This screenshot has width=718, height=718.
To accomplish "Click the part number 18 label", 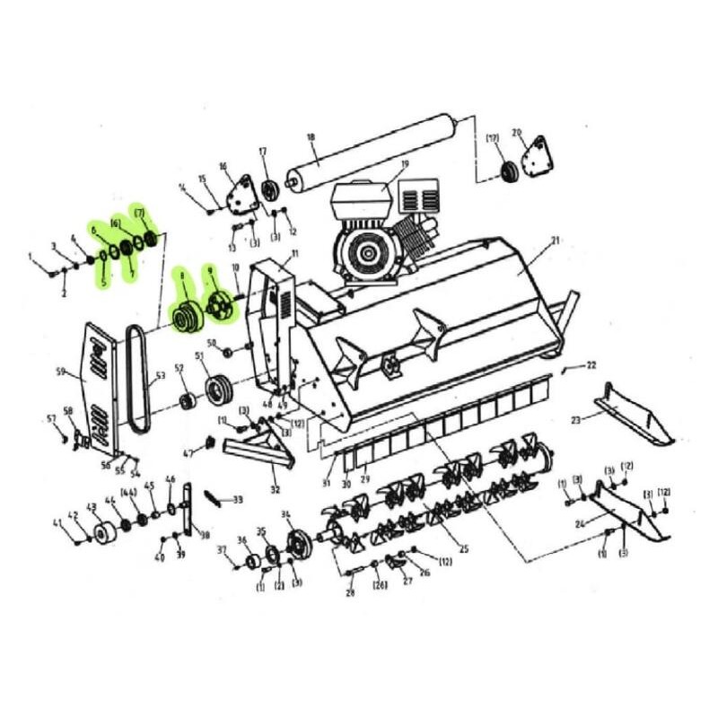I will tap(311, 137).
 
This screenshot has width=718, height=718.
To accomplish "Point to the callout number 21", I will tap(555, 241).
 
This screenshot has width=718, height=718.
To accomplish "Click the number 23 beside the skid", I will tap(575, 419).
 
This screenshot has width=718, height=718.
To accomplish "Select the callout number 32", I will tap(276, 490).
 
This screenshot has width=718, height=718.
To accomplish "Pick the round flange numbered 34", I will tap(293, 545).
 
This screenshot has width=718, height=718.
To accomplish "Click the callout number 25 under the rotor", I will tap(463, 548).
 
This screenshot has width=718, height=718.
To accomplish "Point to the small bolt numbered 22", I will tap(565, 369).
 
